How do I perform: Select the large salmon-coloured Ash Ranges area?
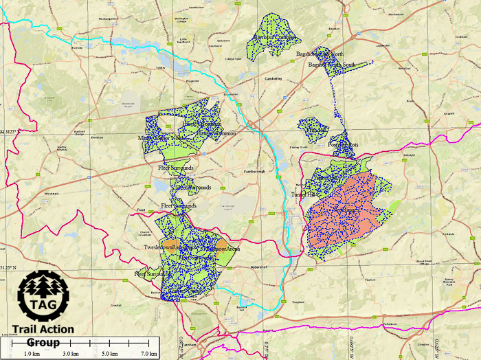pos(344,213)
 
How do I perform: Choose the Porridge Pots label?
pos(344,146)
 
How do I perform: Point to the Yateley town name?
pos(162,69)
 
